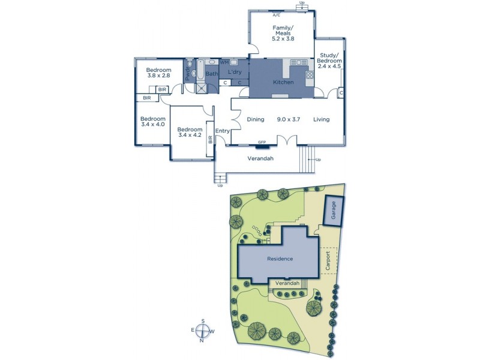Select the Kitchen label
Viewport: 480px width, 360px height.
coord(283,82)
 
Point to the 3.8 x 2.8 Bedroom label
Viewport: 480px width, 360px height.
coord(158,73)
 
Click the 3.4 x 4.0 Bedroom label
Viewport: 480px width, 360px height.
coord(152,121)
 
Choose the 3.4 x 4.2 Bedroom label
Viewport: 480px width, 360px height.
coord(189,132)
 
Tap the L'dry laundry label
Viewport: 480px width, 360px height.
coord(234,72)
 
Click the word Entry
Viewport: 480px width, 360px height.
coord(223,131)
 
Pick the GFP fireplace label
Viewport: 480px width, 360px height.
coord(262,142)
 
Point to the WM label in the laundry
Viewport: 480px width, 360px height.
coord(224,62)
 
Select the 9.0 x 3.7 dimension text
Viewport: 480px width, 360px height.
coord(288,119)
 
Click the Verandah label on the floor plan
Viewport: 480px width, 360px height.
coord(261,158)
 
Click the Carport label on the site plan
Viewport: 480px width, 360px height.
coord(327,261)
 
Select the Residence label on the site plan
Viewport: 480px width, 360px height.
coord(280,259)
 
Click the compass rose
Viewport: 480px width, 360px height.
coord(203,331)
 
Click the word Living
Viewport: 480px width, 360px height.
coord(321,119)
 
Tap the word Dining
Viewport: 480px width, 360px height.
coord(256,119)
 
